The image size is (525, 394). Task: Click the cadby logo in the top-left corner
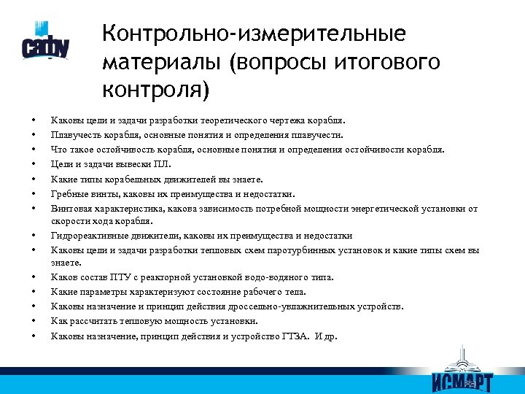click(x=45, y=42)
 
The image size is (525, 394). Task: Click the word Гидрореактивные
click(x=87, y=236)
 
